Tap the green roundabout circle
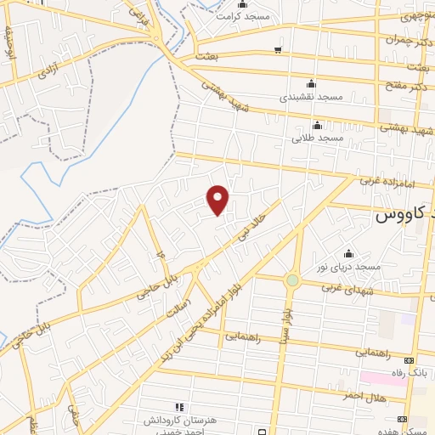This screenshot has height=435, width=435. coord(292,280)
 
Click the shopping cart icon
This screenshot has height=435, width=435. coord(278,49)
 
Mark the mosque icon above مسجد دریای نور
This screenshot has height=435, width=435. coord(348,253)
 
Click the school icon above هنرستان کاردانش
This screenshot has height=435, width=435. coord(178,408)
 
